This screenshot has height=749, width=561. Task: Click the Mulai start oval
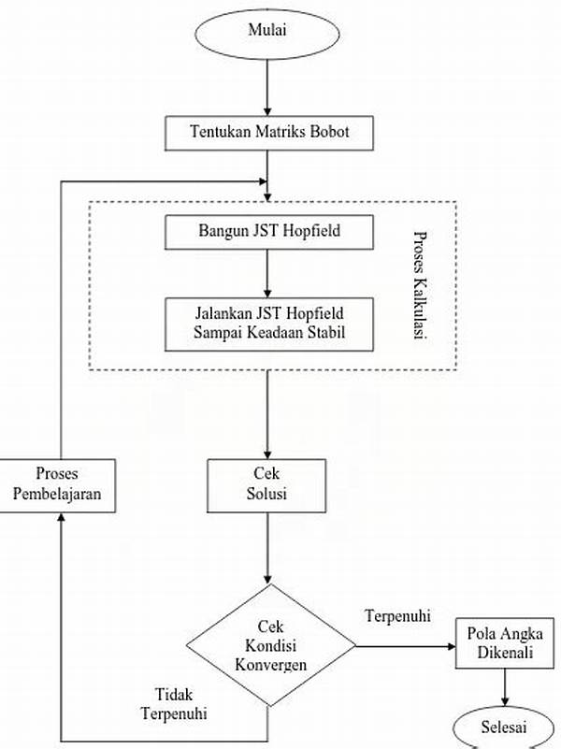click(267, 30)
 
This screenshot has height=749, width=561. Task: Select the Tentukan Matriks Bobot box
click(269, 133)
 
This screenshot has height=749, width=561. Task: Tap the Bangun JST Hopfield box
click(268, 231)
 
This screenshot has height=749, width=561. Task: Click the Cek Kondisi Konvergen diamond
click(270, 643)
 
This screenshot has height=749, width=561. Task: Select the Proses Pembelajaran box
click(58, 484)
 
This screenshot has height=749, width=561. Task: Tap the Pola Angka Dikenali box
click(504, 645)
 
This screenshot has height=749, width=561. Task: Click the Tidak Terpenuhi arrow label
click(174, 703)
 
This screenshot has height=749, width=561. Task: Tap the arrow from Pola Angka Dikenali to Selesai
click(505, 687)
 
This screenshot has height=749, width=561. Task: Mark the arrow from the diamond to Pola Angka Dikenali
click(404, 645)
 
